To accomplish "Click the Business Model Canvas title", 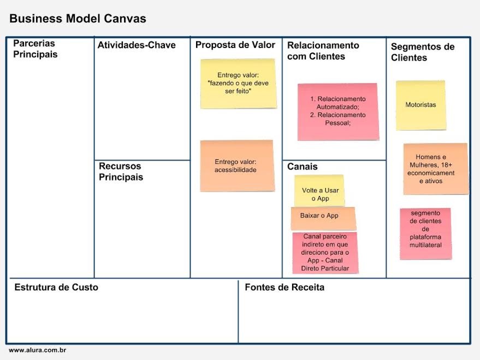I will tap(78, 19).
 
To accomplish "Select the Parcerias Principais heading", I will tap(35, 49).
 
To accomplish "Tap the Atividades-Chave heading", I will tap(137, 45).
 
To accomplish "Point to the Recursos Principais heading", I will tap(121, 172).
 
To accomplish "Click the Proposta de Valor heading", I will tap(235, 45).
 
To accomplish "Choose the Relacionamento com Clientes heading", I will tap(323, 51).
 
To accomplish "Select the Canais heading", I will tap(302, 167).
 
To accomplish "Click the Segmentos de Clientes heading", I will tap(422, 52).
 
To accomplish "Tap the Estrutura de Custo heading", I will tap(56, 287).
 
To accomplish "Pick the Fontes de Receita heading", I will tap(285, 287).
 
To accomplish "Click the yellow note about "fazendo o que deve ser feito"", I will tap(238, 84).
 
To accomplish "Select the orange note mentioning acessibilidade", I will tap(236, 166).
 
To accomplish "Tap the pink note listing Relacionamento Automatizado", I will tap(337, 111).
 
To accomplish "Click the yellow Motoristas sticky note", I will tap(420, 105).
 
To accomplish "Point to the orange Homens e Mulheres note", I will tap(435, 169).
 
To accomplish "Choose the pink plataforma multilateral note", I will tap(425, 233).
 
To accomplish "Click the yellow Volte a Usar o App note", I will tap(319, 190).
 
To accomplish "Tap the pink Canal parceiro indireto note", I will tap(325, 252).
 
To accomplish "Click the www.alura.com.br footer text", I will tap(37, 350).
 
